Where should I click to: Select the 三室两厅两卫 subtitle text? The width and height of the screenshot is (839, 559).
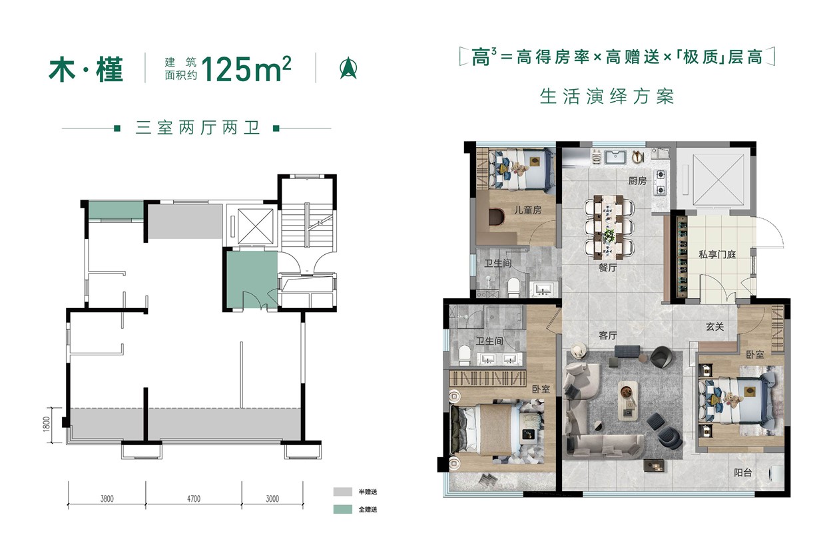[196, 128]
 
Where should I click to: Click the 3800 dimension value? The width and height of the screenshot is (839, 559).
[107, 498]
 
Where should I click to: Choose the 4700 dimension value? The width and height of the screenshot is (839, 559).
[193, 498]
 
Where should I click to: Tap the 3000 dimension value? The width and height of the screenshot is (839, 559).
[272, 498]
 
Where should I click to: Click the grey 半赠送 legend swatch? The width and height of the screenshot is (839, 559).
[342, 492]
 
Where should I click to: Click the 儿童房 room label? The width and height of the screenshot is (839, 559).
[526, 210]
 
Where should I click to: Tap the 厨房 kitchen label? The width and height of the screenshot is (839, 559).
[637, 181]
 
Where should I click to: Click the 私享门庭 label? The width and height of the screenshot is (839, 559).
[716, 254]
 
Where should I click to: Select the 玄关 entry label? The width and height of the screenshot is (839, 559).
[716, 327]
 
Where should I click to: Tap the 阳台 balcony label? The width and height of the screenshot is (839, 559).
[742, 473]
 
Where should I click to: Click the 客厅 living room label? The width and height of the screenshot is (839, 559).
[607, 336]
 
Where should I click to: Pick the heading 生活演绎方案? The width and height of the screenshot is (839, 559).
[607, 96]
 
